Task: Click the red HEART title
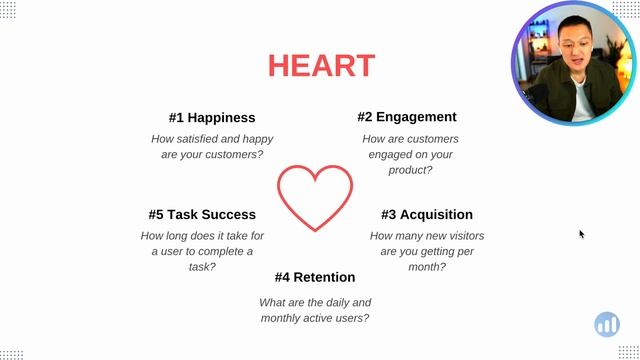[321, 66]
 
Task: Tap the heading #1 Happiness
[212, 117]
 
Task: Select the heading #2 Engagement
[407, 116]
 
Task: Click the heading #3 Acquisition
[427, 214]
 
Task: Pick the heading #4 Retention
[315, 277]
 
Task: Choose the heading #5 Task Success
[202, 214]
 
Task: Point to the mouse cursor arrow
[581, 234]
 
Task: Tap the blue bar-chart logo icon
[607, 324]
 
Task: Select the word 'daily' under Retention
[326, 302]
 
